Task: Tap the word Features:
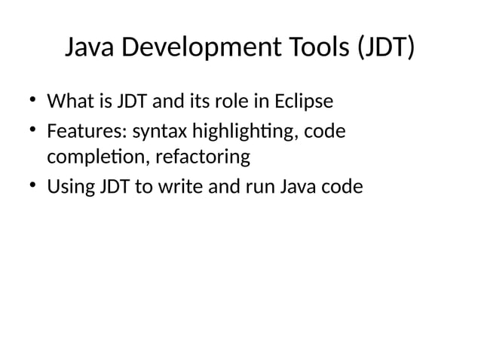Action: (x=87, y=132)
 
